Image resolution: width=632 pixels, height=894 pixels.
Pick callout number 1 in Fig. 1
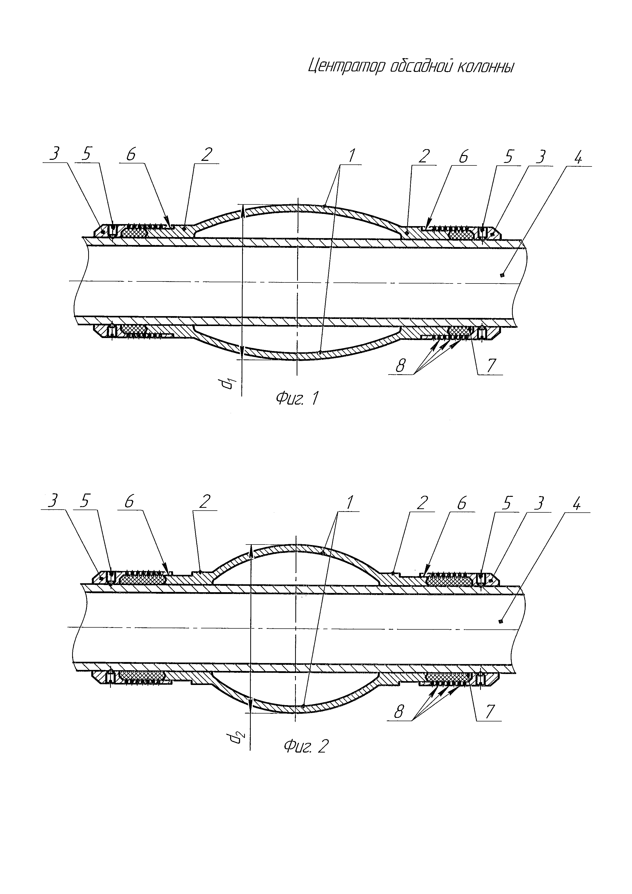click(x=351, y=156)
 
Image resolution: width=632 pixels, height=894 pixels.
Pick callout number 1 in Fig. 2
click(x=349, y=503)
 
